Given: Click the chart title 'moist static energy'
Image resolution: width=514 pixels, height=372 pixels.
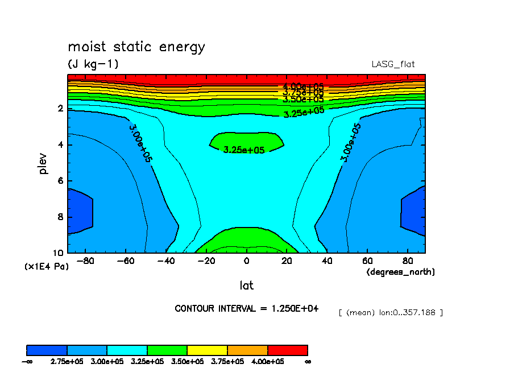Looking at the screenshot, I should pos(136,47).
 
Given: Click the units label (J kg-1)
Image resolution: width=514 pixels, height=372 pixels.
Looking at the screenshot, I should pos(93,64).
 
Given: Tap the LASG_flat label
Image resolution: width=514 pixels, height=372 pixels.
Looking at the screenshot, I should pos(397,64).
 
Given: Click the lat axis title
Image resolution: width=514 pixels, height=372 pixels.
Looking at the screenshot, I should pos(246,285).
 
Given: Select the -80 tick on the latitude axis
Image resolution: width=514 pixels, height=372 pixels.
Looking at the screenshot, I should pos(84,261).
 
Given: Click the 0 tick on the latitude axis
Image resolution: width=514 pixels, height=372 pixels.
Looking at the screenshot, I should pos(246,261).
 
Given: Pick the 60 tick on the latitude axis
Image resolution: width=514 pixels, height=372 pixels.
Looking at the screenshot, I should pos(368,261).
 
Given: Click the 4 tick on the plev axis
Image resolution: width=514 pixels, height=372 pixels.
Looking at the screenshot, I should pos(61,144).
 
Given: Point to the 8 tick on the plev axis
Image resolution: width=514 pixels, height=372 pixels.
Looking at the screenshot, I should pos(61,217).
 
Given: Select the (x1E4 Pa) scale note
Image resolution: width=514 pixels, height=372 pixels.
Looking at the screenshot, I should pos(46,266).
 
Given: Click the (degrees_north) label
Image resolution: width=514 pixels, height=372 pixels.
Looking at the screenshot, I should pos(400,272).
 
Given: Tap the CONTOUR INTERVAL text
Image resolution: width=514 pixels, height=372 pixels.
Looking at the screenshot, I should pos(246,308).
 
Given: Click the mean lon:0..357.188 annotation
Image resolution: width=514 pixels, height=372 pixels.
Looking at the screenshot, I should pos(390,312).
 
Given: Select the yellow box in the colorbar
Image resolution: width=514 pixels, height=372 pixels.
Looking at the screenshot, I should pos(207,350).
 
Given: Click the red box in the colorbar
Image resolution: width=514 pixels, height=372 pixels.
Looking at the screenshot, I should pos(287,350).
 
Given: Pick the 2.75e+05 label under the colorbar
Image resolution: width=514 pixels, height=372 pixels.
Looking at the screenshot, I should pos(67,361).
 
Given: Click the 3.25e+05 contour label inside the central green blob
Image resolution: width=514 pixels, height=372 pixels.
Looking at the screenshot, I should pos(244,150).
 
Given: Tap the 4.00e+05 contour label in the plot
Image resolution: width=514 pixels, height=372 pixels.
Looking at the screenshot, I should pos(303,86).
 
